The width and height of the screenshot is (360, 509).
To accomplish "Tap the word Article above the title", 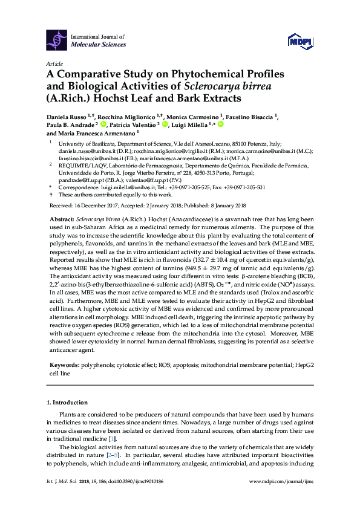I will click(54, 63).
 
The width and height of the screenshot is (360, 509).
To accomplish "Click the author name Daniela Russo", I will click(66, 115).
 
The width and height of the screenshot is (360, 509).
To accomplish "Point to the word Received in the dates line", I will click(60, 206).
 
